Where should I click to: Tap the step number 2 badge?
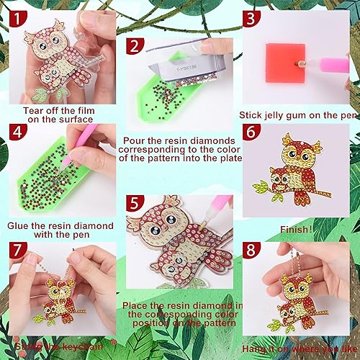point(133,47)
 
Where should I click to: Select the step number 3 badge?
point(251,20)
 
